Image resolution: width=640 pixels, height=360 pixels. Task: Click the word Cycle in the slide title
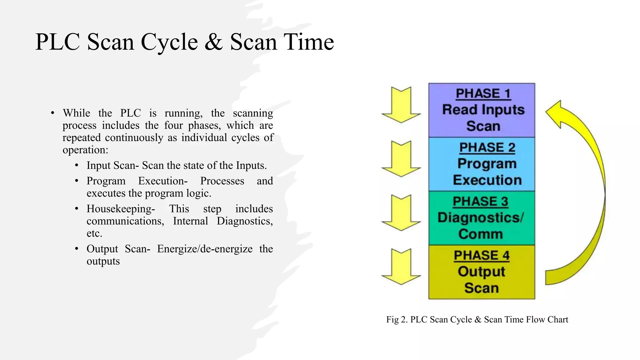tap(169, 42)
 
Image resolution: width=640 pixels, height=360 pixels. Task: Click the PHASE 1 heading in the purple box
tap(483, 93)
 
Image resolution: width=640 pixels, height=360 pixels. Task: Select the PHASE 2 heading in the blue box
tap(487, 147)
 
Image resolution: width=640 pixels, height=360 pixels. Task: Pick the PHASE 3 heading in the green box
tap(480, 202)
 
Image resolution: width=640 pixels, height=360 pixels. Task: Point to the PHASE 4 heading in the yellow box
tap(482, 255)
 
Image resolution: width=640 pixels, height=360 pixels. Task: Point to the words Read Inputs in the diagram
tap(483, 110)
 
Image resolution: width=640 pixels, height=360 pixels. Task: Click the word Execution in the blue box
tap(487, 180)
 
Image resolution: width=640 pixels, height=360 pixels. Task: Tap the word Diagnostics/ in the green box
tap(480, 217)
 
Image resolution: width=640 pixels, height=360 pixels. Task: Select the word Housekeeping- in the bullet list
tap(121, 209)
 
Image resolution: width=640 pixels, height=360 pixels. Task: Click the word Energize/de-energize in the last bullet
tap(205, 249)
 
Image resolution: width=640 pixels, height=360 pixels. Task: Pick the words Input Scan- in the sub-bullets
tap(112, 165)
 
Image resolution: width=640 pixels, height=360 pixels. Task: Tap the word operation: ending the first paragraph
tap(85, 150)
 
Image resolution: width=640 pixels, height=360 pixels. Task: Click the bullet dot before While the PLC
tap(52, 113)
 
